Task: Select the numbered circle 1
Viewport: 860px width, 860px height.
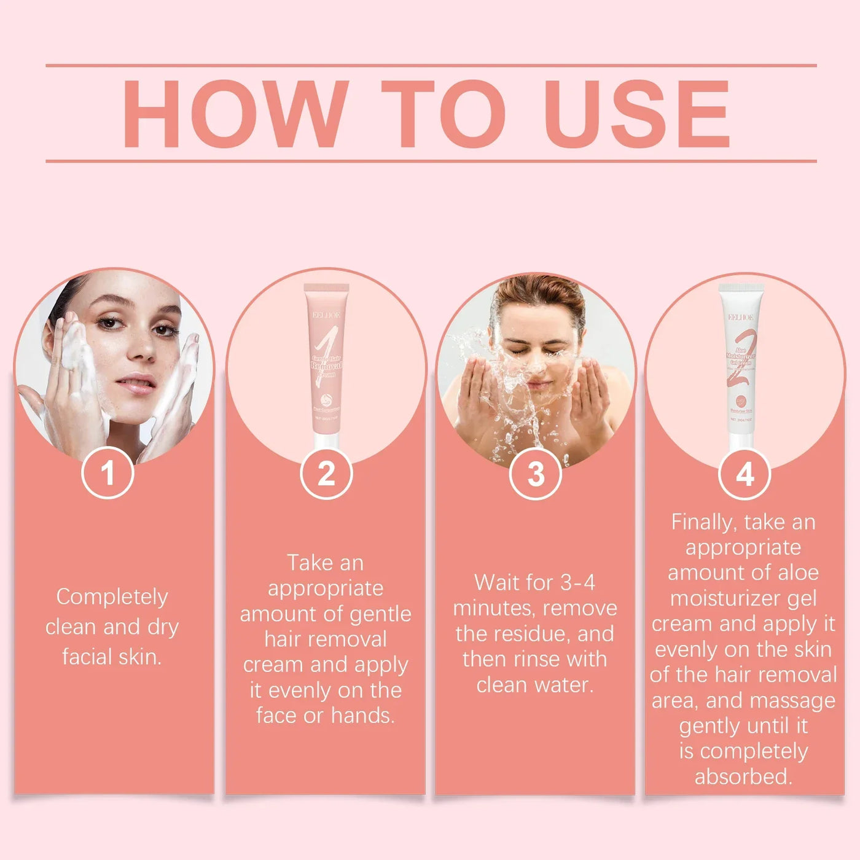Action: click(x=108, y=473)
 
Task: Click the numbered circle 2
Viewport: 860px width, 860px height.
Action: click(x=326, y=473)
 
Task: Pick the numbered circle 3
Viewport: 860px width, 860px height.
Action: click(x=536, y=474)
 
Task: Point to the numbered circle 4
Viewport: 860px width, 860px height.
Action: click(x=745, y=474)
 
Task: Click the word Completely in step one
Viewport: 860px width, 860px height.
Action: click(x=112, y=597)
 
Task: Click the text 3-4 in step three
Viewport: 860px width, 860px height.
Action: click(x=578, y=582)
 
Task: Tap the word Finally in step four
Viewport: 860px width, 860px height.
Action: click(x=703, y=522)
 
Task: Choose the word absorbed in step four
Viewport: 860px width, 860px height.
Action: click(x=743, y=776)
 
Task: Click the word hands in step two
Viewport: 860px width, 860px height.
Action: click(x=362, y=716)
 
